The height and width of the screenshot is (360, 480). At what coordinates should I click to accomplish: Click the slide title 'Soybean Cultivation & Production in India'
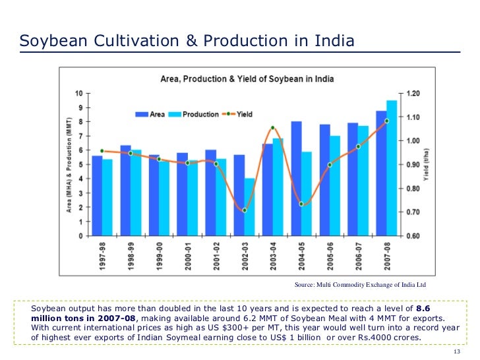coord(187,41)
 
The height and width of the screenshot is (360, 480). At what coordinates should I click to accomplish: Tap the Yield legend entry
coord(239,114)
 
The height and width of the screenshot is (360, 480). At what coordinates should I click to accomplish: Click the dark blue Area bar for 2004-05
coord(296,178)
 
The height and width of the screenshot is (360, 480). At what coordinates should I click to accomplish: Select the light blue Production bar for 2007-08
coord(392,168)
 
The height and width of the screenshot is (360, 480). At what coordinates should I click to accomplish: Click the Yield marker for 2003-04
coord(272,128)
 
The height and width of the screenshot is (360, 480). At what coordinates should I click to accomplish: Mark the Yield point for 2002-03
coord(244,210)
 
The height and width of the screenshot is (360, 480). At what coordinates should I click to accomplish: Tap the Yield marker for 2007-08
coord(386,121)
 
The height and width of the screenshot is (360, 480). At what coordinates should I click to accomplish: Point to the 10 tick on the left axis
coord(78,93)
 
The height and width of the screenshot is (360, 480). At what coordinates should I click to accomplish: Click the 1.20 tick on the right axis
coord(412,93)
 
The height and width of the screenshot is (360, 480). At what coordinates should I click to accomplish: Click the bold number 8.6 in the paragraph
coord(425,308)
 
